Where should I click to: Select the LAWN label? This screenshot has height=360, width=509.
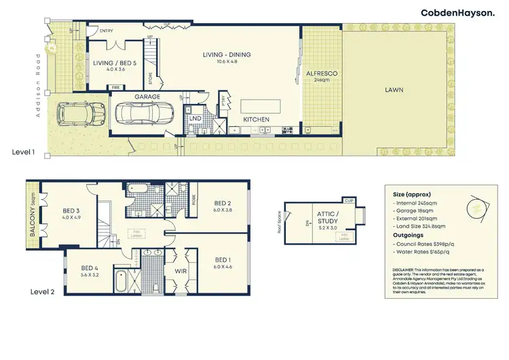pyautogui.click(x=394, y=89)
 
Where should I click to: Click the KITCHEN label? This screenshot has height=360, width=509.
pyautogui.click(x=257, y=120)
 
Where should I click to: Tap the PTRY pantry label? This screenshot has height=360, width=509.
pyautogui.click(x=225, y=100)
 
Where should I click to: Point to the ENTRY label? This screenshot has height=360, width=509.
pyautogui.click(x=107, y=31)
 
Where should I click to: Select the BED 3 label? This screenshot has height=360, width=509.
pyautogui.click(x=71, y=211)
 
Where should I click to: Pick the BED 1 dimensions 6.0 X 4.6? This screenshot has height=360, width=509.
pyautogui.click(x=223, y=267)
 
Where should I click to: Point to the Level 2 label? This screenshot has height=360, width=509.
pyautogui.click(x=42, y=291)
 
